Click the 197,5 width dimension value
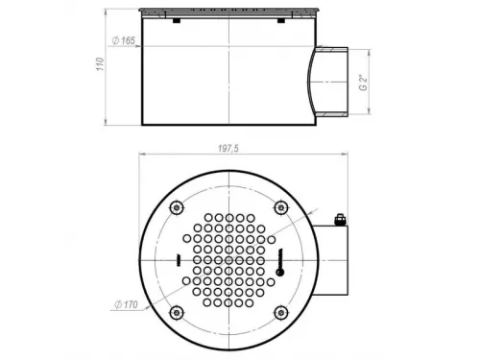click(x=227, y=147)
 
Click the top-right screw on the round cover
click(x=280, y=207)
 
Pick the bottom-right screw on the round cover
click(x=280, y=313)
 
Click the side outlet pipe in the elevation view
click(x=331, y=82)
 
